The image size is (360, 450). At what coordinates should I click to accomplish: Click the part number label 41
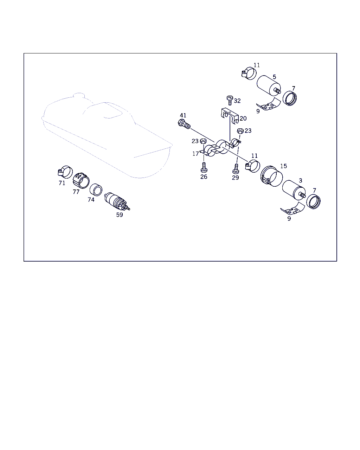183,115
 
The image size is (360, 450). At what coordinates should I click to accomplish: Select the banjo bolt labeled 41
184,124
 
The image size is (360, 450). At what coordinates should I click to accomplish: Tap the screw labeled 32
230,101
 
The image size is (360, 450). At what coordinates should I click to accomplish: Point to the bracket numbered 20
230,116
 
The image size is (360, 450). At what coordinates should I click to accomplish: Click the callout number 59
120,215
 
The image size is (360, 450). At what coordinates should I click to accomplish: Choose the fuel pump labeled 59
117,201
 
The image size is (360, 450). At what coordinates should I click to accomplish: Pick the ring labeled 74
96,189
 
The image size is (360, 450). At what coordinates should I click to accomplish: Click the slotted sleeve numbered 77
81,180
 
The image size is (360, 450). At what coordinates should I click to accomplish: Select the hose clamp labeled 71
65,172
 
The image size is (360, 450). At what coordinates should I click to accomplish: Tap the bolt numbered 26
204,167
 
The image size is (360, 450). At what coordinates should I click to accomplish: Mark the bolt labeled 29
236,168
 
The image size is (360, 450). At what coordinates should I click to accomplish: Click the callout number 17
195,154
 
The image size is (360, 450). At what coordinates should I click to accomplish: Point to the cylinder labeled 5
269,86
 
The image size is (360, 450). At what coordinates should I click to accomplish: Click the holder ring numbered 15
271,176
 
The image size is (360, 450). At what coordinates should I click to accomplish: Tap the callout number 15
283,166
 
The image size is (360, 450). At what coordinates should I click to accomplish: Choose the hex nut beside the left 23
203,141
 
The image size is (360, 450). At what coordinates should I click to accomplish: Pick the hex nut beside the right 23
240,131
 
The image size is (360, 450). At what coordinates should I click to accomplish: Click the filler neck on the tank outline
79,95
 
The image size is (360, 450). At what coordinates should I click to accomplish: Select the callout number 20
243,118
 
